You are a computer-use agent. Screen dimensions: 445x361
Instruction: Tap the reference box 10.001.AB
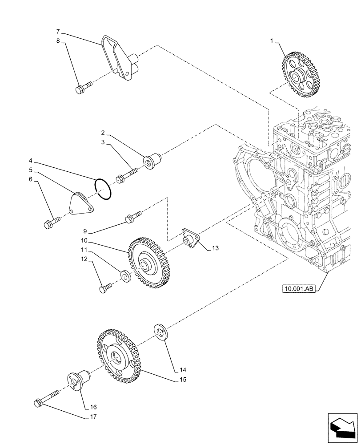(298, 289)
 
